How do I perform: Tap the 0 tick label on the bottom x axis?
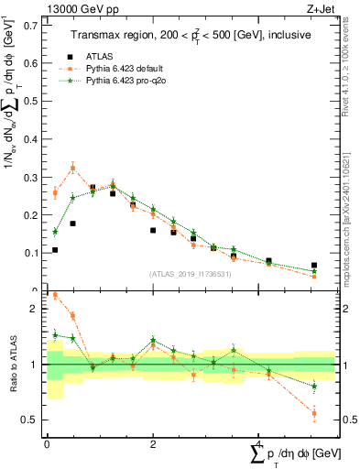(47, 442)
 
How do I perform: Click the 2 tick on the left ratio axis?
(38, 309)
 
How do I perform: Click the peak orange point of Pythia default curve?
(73, 168)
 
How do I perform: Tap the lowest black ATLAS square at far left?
(55, 249)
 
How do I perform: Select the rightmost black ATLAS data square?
(314, 266)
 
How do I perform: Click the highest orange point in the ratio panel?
(55, 295)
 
